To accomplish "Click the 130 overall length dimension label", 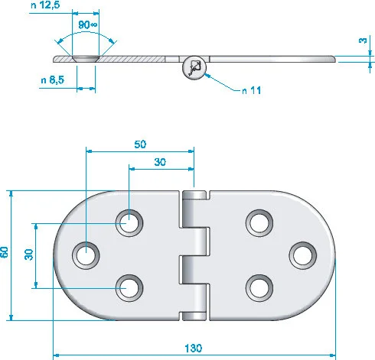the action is pyautogui.click(x=193, y=348).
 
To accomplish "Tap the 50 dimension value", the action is pyautogui.click(x=140, y=144).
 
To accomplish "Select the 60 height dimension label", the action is pyautogui.click(x=5, y=252).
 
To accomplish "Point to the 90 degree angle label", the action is pyautogui.click(x=87, y=24).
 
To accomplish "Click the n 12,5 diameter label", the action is pyautogui.click(x=45, y=5).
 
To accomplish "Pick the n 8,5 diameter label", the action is pyautogui.click(x=53, y=80).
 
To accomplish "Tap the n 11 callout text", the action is pyautogui.click(x=252, y=90).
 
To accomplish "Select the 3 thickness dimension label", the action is pyautogui.click(x=363, y=41).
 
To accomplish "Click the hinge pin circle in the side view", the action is pyautogui.click(x=194, y=68).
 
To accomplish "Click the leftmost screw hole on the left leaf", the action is pyautogui.click(x=86, y=255).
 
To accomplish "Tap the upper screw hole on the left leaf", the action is pyautogui.click(x=129, y=223).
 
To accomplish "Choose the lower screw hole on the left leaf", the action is pyautogui.click(x=129, y=288).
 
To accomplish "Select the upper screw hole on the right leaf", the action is pyautogui.click(x=259, y=223).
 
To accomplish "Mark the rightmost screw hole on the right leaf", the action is pyautogui.click(x=303, y=255).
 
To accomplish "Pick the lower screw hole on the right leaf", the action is pyautogui.click(x=259, y=288).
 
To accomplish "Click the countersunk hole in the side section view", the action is pyautogui.click(x=86, y=59).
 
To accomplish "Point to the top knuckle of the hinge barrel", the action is pyautogui.click(x=194, y=195).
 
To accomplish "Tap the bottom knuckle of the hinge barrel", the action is pyautogui.click(x=194, y=316).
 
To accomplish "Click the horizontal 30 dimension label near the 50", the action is pyautogui.click(x=160, y=162).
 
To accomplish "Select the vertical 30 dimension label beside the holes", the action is pyautogui.click(x=29, y=255).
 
